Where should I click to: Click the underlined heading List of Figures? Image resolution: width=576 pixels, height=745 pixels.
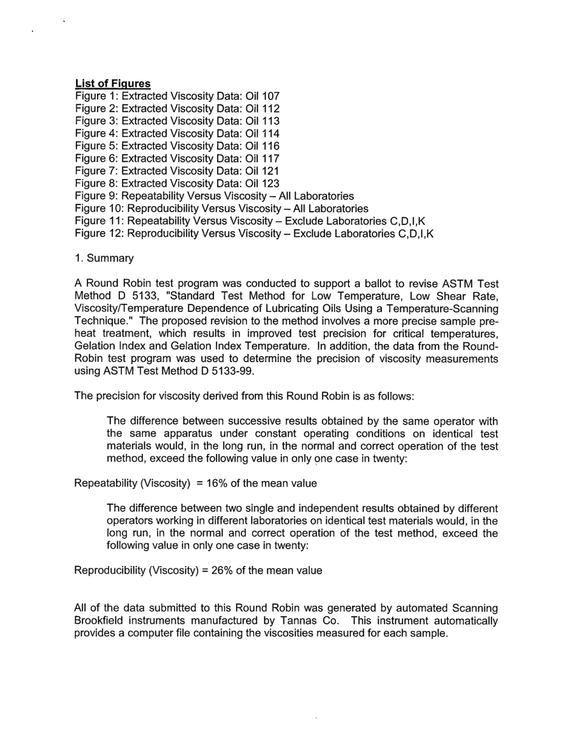(x=113, y=83)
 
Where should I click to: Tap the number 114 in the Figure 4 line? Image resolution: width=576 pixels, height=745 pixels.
(x=270, y=133)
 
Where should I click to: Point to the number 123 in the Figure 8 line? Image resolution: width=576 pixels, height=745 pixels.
(x=270, y=183)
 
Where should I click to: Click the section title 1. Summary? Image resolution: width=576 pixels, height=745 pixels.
(x=104, y=258)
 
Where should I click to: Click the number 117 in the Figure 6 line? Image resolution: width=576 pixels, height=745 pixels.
(x=270, y=158)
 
